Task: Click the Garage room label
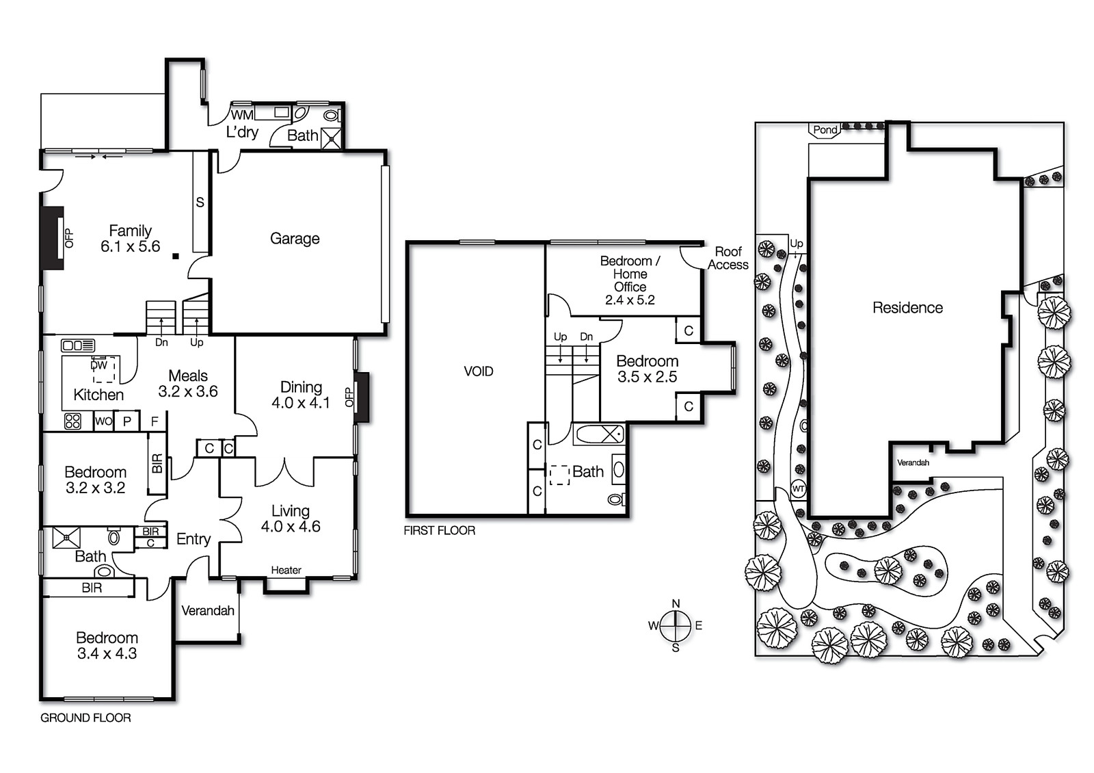point(295,239)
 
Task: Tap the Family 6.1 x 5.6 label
point(130,239)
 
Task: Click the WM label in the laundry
point(242,115)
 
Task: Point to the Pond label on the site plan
point(825,129)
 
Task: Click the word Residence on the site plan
point(907,308)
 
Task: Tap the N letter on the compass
point(676,603)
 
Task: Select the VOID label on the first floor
point(478,371)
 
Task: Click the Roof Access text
point(728,258)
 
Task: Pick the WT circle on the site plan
point(798,488)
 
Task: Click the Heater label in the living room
point(286,570)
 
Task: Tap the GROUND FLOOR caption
point(85,718)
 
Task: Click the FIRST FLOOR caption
point(439,530)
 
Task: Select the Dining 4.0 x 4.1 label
point(301,395)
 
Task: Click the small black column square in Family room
point(176,256)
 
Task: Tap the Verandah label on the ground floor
point(208,610)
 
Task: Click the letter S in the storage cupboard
point(200,202)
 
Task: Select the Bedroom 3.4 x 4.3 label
point(107,645)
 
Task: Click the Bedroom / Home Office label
point(630,280)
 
